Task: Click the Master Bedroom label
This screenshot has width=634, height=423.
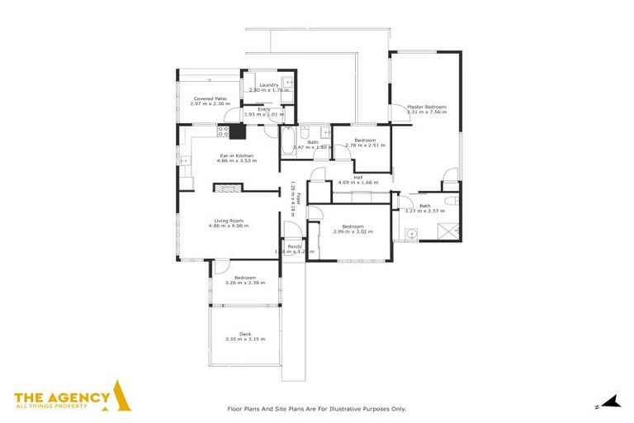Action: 425,107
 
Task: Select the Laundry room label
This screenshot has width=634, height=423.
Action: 268,85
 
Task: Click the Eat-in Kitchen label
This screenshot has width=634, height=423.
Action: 235,155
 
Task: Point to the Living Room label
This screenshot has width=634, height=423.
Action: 229,221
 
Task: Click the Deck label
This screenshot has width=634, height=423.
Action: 244,334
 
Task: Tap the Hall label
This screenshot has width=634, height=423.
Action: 358,177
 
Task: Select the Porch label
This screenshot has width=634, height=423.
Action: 294,247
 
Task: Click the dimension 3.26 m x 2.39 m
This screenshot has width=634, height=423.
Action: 244,283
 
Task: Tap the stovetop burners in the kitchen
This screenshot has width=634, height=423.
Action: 223,130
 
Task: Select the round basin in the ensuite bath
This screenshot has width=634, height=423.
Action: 409,234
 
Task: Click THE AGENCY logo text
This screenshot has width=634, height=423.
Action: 62,397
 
